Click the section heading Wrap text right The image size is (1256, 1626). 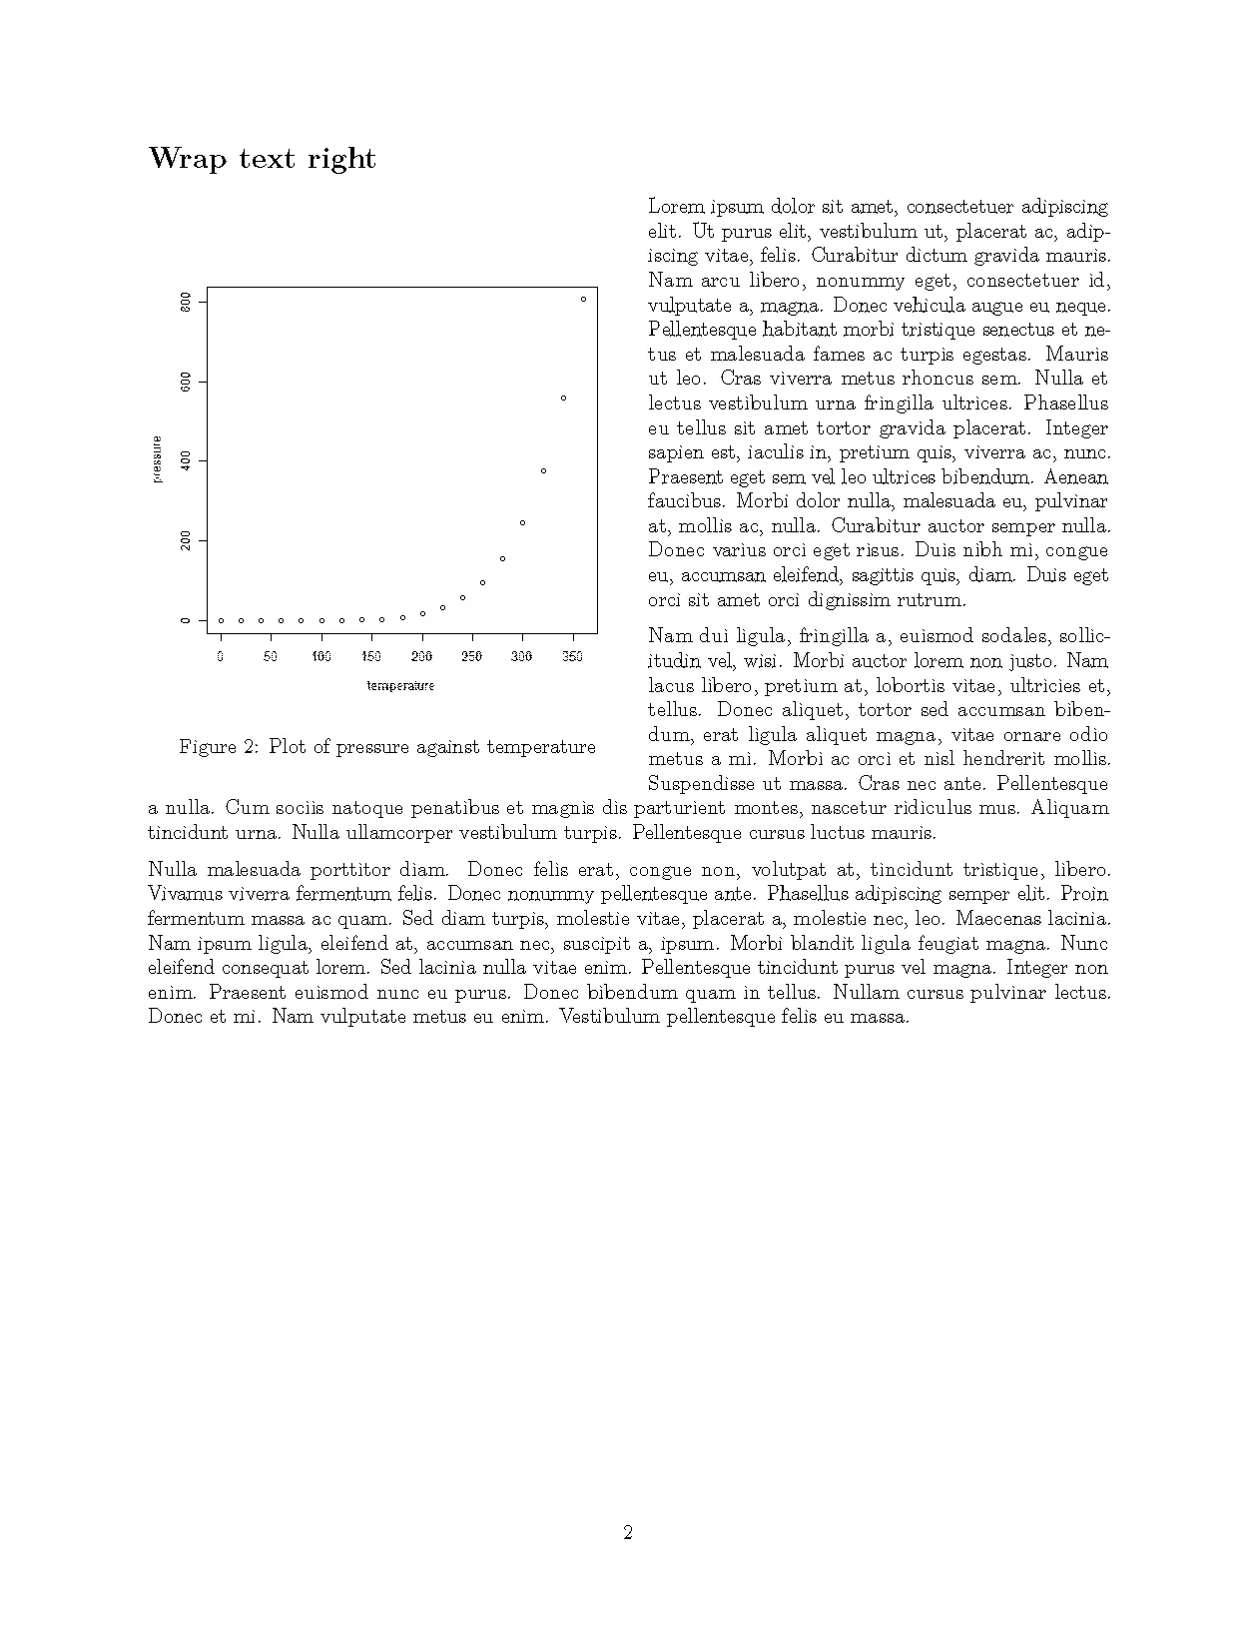[262, 159]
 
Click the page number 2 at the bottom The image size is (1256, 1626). [628, 1532]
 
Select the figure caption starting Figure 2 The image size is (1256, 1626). [387, 747]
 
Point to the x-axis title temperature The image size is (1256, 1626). [400, 686]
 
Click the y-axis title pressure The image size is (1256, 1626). [158, 459]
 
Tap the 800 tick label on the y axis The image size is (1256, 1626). [186, 302]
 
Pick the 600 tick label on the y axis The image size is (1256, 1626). [186, 382]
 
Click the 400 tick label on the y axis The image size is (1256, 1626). [186, 461]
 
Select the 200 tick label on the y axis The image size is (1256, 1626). [186, 540]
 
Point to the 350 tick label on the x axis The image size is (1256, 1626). [573, 657]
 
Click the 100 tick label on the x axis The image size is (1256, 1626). [321, 657]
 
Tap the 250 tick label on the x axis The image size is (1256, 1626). [471, 657]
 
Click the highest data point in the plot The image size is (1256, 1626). [583, 299]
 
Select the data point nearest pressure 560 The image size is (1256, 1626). [563, 398]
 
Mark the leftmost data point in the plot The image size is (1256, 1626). [221, 620]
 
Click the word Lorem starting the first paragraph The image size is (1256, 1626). [676, 208]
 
